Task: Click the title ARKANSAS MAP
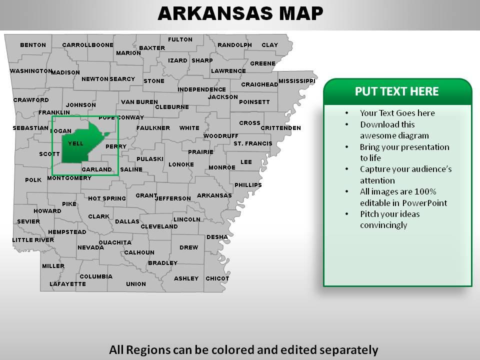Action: pos(240,13)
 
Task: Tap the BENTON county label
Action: pos(33,45)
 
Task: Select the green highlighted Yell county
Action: pos(80,147)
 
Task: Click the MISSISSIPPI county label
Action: pos(297,81)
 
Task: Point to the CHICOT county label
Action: pos(217,278)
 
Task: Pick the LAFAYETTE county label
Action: pos(67,284)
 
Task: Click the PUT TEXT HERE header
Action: pos(396,91)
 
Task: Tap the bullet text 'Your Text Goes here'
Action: pos(397,113)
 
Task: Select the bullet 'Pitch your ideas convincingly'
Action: pos(389,219)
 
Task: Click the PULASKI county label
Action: pos(150,159)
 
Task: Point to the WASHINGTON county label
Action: pos(30,71)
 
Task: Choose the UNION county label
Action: pos(136,284)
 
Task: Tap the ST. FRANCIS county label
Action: pos(252,143)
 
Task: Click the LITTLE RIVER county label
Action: pos(33,240)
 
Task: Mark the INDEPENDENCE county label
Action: pos(201,89)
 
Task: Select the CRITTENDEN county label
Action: pos(280,128)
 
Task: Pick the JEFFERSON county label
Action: pos(173,198)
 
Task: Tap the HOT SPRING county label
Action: pos(107,198)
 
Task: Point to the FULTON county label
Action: pos(180,39)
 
